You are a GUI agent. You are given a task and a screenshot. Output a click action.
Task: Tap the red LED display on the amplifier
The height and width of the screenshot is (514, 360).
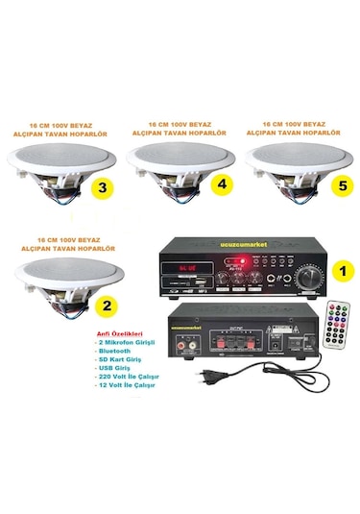pyautogui.click(x=188, y=265)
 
